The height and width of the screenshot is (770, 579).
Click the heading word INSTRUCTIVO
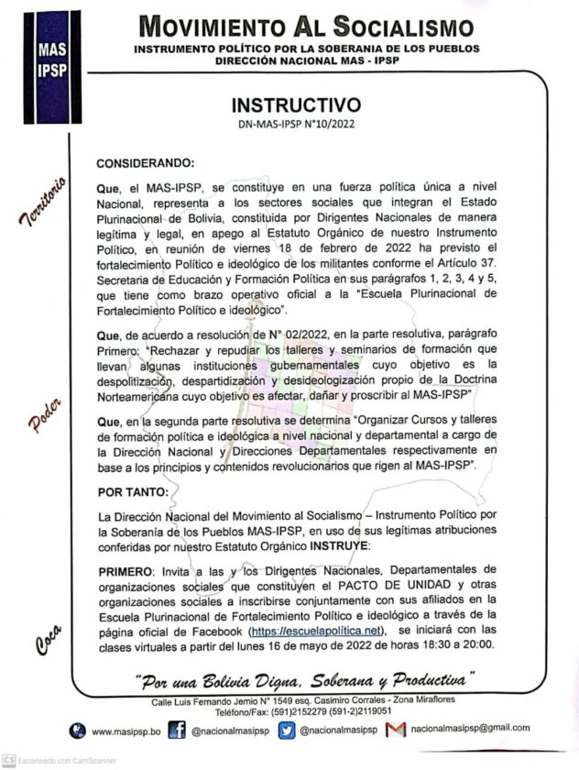[x=295, y=104]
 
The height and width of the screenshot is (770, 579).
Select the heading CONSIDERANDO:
[x=146, y=163]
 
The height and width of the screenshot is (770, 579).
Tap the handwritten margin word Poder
[x=44, y=414]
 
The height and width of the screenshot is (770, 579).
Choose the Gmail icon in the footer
[x=395, y=730]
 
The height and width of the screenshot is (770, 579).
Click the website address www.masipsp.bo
[x=127, y=730]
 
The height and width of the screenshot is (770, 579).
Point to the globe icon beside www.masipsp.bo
[x=79, y=730]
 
